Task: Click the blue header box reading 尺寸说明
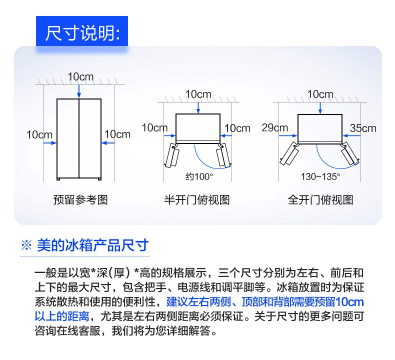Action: (82, 31)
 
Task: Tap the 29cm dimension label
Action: (274, 127)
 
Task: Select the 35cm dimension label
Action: (363, 128)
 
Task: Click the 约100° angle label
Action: (199, 176)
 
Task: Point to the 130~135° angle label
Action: (320, 176)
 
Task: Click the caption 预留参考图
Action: (80, 200)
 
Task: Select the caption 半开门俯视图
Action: (197, 200)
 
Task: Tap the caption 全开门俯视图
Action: (320, 200)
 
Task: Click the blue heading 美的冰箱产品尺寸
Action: (92, 245)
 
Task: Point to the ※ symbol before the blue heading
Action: (26, 245)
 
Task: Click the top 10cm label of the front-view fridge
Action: (80, 77)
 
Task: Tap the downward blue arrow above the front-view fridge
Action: (79, 91)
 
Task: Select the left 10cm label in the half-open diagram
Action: (154, 127)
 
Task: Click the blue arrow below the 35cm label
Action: (352, 136)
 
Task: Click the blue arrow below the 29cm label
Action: (287, 136)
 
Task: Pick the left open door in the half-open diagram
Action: (172, 154)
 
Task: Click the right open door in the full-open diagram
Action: (349, 153)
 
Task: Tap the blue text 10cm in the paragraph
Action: (349, 302)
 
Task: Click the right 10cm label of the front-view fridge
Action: (117, 134)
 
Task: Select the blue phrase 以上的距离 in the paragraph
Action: (62, 316)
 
